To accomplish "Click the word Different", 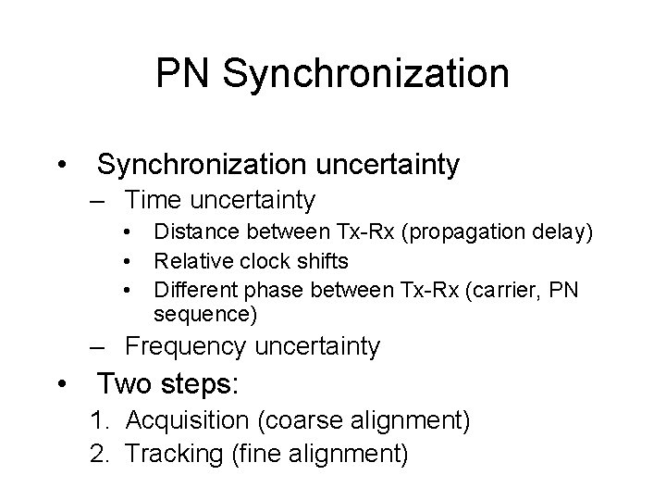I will (196, 291).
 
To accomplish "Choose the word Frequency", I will (185, 347).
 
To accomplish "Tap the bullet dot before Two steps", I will (61, 382).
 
